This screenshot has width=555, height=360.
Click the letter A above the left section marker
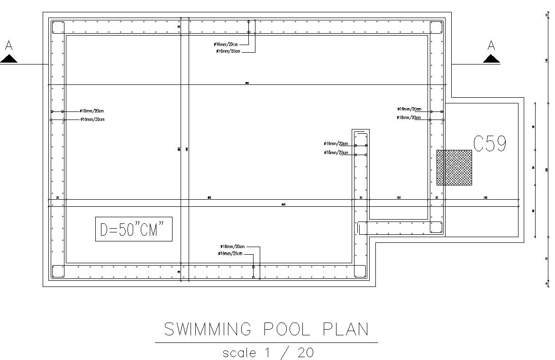point(9,46)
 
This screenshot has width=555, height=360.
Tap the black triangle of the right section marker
point(491,59)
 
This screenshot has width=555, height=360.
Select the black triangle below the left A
point(9,59)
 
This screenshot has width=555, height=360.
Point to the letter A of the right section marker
point(491,46)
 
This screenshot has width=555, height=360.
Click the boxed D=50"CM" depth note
point(134,230)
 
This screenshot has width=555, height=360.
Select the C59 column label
point(490,144)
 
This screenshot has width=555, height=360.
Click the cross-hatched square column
point(454,167)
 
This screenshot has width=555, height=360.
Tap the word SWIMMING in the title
point(207,329)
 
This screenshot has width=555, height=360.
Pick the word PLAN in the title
point(346,329)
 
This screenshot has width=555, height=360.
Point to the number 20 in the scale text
point(305,352)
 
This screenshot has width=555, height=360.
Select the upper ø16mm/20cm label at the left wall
point(92,111)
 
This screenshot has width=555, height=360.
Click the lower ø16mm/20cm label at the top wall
point(228,51)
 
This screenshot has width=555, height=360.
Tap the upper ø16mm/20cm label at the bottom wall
point(233,247)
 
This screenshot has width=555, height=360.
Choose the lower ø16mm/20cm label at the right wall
point(409,118)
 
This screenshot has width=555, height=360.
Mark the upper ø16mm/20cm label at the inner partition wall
point(336,144)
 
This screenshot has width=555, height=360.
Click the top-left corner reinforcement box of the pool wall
point(58,27)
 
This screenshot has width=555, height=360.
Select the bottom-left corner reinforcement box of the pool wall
point(58,271)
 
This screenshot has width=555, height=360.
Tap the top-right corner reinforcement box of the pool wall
point(436,27)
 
